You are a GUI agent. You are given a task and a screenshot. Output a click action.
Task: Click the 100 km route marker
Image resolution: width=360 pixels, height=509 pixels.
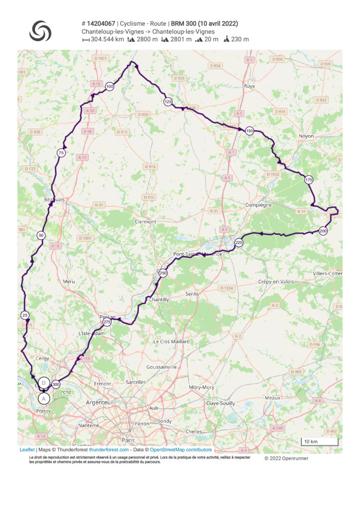[x=110, y=86]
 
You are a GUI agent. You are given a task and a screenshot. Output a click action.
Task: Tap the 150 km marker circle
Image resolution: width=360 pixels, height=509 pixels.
[x=250, y=131]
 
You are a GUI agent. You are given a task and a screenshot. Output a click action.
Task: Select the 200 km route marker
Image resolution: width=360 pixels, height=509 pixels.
[x=323, y=231]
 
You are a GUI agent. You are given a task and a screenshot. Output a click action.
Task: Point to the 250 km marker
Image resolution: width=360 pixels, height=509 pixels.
[x=163, y=273]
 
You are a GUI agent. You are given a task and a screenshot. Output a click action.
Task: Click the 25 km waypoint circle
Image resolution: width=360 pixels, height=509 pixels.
[x=25, y=315]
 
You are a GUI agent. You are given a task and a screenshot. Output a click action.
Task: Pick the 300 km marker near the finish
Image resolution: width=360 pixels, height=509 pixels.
[x=56, y=384]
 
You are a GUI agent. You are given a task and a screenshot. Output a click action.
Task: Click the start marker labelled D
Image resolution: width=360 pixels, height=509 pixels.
[x=44, y=383]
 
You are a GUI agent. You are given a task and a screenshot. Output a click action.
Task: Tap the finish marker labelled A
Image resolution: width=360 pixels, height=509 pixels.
[x=44, y=398]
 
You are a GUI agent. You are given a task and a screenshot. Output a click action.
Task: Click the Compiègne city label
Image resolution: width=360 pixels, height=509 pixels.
[x=258, y=205]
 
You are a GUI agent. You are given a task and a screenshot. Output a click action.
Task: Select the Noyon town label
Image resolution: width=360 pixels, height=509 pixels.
[x=306, y=136]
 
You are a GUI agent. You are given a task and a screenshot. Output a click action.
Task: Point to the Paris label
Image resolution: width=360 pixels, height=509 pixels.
[x=128, y=440]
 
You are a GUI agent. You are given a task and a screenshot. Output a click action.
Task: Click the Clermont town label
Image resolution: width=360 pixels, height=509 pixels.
[x=145, y=221]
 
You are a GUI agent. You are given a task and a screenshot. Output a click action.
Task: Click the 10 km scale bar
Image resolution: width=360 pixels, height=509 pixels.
[x=319, y=442]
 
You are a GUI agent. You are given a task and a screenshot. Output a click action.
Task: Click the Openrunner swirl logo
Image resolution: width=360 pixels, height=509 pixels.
[x=40, y=31]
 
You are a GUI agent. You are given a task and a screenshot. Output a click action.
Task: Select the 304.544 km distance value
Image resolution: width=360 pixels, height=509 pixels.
[x=107, y=39]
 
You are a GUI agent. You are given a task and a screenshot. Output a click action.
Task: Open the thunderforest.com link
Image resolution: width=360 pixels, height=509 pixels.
[x=109, y=449]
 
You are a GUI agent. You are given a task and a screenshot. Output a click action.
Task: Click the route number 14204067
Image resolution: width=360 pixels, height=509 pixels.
[x=101, y=23]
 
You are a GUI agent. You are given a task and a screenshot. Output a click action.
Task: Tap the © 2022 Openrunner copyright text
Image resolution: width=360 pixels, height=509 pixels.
[x=286, y=458]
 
